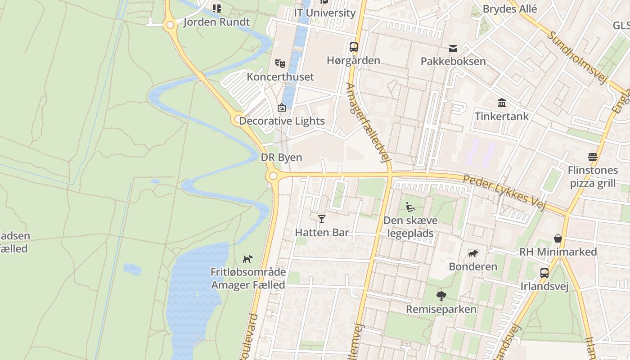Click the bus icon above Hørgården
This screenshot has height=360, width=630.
coord(354,47)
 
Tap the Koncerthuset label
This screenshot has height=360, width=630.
coord(280,77)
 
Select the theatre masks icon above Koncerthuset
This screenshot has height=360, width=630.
coord(280,63)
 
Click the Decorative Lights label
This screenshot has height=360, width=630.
coord(282,121)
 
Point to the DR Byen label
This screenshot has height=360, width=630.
coord(281,158)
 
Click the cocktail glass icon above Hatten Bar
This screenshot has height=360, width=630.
coord(322,219)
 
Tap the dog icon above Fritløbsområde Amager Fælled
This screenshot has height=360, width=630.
coord(248,259)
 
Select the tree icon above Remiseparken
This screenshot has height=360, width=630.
coord(441,296)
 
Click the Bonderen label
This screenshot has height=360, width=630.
coord(473,267)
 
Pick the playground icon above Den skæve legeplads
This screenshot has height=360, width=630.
coord(410,207)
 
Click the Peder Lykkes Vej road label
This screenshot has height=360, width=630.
coord(504,192)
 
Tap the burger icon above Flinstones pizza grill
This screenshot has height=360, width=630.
coord(592,157)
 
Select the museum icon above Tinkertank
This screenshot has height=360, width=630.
coord(502,103)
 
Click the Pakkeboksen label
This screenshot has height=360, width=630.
coord(453,62)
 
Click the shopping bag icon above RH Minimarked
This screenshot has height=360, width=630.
coord(558,238)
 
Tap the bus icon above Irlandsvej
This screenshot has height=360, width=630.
coord(544,273)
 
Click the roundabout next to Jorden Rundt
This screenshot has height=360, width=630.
coord(170,25)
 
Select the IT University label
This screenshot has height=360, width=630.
coord(324,13)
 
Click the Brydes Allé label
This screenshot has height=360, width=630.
coord(510,9)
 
